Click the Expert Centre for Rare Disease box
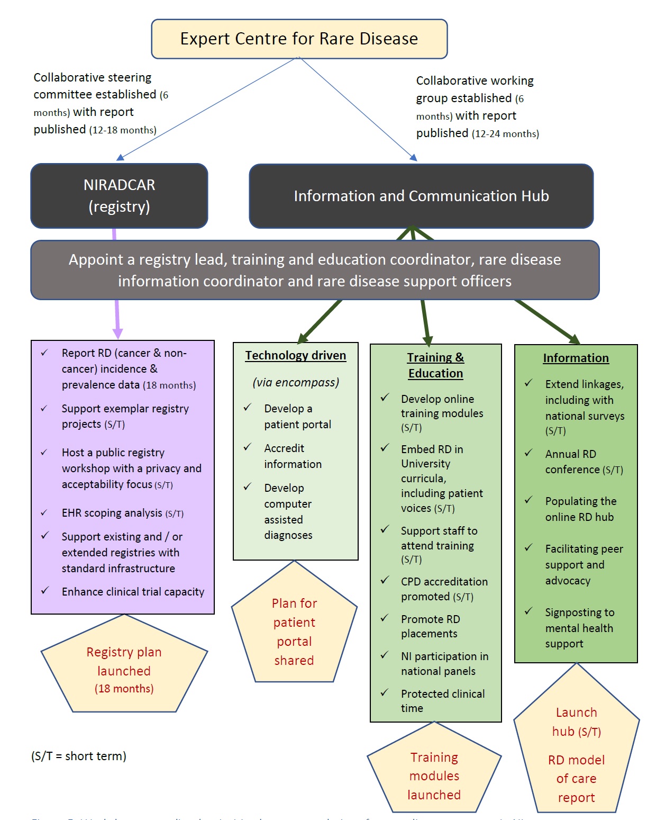299,39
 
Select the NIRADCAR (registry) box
119,196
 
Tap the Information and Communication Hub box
421,196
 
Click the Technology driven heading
295,356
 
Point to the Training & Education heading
435,365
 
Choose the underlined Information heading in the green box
576,358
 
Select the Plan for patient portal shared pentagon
294,632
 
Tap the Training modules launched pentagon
434,776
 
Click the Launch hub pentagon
576,752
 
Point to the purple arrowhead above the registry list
118,333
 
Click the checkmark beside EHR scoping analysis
45,513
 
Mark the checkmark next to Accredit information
247,448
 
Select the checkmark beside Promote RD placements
385,618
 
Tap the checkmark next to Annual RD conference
528,454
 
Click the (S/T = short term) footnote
79,756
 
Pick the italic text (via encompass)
296,382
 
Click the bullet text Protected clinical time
442,701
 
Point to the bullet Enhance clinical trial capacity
133,592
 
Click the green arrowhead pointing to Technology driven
303,338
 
